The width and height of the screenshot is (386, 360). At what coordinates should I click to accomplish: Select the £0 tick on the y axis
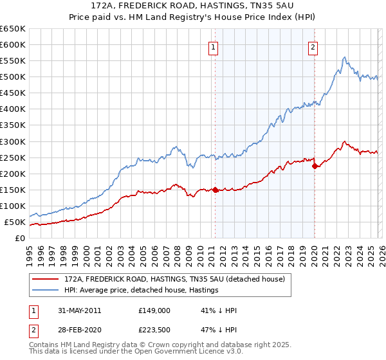tap(19, 239)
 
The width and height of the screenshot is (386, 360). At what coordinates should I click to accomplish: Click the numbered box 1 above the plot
tap(214, 46)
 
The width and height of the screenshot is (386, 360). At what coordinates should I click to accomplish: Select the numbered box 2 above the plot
tap(313, 46)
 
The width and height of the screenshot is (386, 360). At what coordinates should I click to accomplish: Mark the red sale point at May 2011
tap(215, 190)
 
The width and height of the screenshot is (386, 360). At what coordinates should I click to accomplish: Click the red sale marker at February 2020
tap(315, 166)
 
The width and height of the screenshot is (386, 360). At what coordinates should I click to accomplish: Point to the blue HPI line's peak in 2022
tap(345, 57)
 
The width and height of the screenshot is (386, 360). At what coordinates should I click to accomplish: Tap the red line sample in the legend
tap(46, 279)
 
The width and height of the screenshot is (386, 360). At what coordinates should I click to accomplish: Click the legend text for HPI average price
tap(142, 290)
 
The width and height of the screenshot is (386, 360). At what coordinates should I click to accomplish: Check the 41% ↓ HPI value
tap(219, 310)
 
